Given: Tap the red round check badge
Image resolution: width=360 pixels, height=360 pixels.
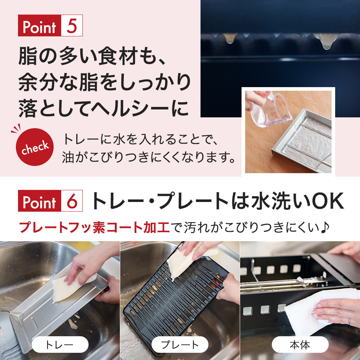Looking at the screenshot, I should tap(35, 147).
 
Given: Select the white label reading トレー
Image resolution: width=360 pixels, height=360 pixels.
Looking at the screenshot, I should tap(60, 345).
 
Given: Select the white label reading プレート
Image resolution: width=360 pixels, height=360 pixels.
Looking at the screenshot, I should tap(180, 345).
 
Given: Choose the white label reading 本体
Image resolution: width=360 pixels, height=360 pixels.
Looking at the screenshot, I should tap(300, 345).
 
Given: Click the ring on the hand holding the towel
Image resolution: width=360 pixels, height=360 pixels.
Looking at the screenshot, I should tap(349, 320).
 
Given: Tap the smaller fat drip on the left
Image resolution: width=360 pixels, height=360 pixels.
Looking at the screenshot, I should tap(229, 38).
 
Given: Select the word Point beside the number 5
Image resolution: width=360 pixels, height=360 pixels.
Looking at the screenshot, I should tap(40, 26).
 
